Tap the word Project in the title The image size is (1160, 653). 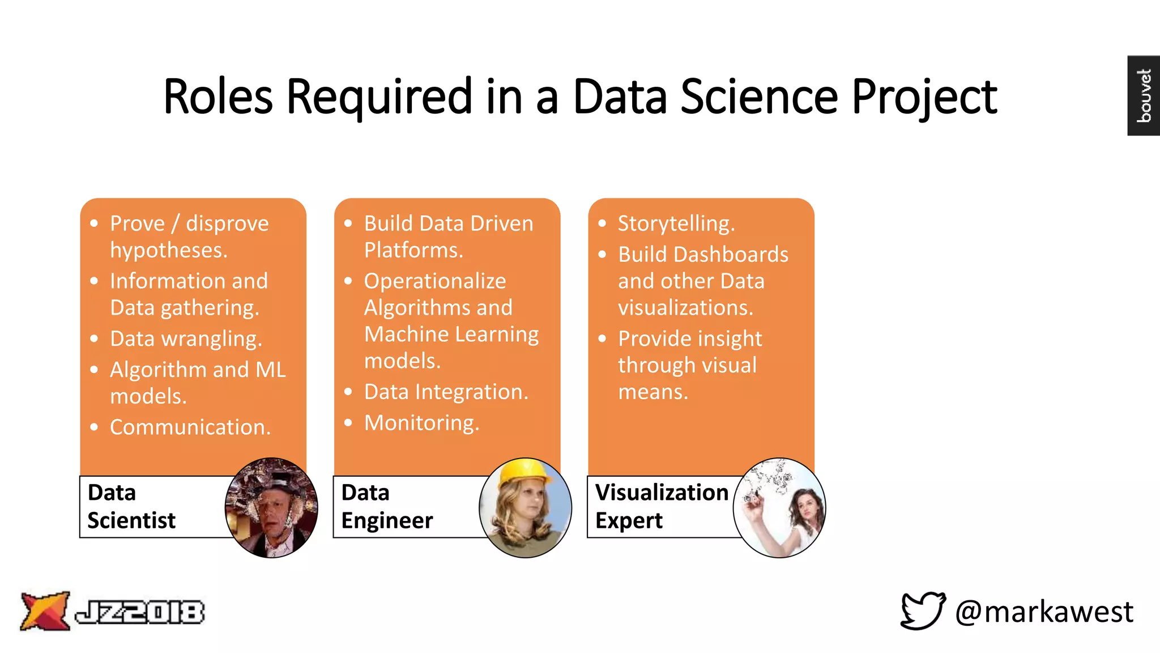tap(924, 97)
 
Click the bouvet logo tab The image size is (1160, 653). tap(1144, 95)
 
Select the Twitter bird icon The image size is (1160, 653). tap(923, 610)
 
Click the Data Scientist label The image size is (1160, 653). tap(131, 506)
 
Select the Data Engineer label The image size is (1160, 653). tap(387, 506)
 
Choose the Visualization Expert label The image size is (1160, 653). tap(661, 506)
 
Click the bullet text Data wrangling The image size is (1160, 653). tap(186, 339)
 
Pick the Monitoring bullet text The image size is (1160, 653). tap(421, 423)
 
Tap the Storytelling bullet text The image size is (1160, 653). tap(676, 224)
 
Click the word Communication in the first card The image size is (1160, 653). tap(190, 427)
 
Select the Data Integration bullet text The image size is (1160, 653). tap(446, 392)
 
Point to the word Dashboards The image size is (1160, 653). tap(731, 255)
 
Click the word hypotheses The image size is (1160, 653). tap(168, 251)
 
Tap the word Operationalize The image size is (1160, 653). tap(435, 281)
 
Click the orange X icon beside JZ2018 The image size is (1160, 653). tap(45, 611)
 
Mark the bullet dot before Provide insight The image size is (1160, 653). tap(602, 339)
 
